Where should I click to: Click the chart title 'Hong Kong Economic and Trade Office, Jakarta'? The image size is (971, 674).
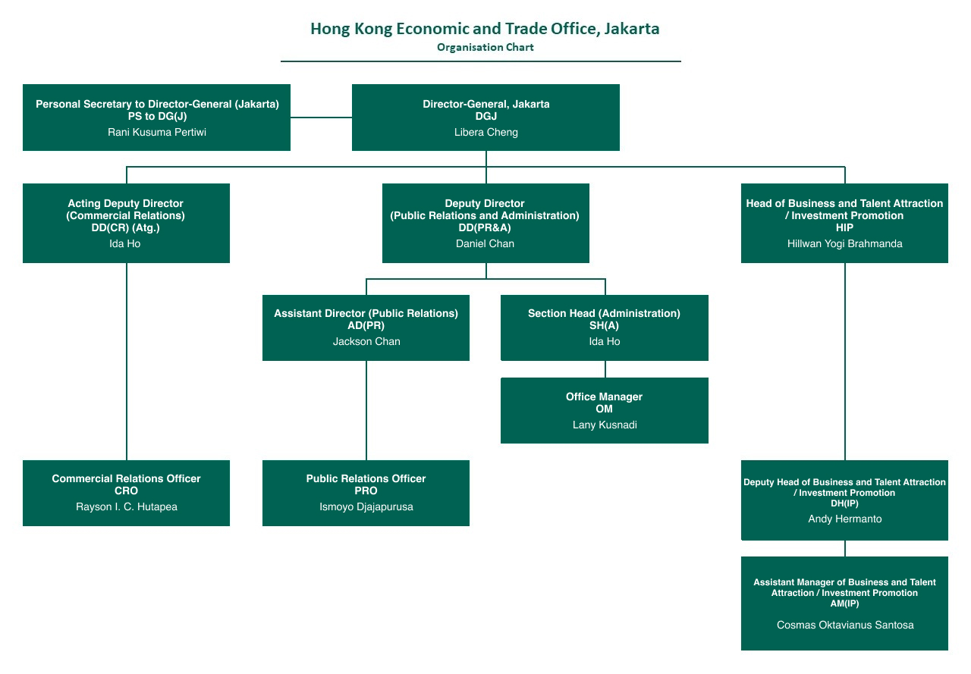(485, 29)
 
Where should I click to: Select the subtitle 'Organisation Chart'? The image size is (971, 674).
(485, 47)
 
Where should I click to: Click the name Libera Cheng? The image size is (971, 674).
(485, 132)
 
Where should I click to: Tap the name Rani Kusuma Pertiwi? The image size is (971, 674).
(157, 132)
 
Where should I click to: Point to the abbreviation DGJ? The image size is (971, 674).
(485, 116)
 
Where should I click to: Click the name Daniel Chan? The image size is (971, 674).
(485, 243)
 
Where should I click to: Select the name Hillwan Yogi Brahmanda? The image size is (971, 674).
(844, 243)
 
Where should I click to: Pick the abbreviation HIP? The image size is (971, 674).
(844, 227)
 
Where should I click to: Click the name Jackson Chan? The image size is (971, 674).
(366, 341)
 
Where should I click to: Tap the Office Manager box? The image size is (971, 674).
(604, 410)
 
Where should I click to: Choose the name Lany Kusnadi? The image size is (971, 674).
(604, 425)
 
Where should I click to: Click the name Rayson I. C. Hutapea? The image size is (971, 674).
(126, 506)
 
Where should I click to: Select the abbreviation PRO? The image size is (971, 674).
(366, 491)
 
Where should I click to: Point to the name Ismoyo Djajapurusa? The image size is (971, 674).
(366, 506)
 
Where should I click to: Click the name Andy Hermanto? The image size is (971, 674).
(844, 519)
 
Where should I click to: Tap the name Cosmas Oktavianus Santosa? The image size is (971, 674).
(844, 625)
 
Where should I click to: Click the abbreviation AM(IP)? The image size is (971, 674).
(844, 603)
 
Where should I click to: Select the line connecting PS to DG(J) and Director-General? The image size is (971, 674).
(321, 118)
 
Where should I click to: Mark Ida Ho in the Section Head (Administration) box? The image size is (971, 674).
(604, 341)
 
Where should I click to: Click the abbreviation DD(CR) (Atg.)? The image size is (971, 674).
(125, 227)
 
